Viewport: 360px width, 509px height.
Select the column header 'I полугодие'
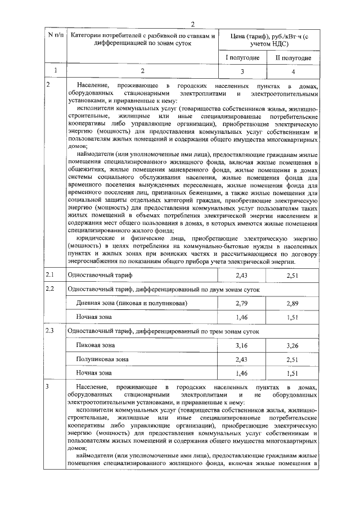pyautogui.click(x=242, y=58)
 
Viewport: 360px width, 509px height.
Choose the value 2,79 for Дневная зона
pyautogui.click(x=242, y=303)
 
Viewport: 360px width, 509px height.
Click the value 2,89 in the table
pyautogui.click(x=292, y=303)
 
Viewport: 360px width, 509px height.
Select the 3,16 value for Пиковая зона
pyautogui.click(x=242, y=345)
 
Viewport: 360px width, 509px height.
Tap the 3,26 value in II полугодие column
pyautogui.click(x=292, y=345)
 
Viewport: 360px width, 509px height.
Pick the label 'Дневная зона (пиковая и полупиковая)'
pyautogui.click(x=131, y=303)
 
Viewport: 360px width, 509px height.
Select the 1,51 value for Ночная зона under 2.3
pyautogui.click(x=292, y=373)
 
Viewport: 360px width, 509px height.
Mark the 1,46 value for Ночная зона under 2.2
pyautogui.click(x=242, y=317)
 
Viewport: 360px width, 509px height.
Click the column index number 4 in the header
pyautogui.click(x=292, y=71)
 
